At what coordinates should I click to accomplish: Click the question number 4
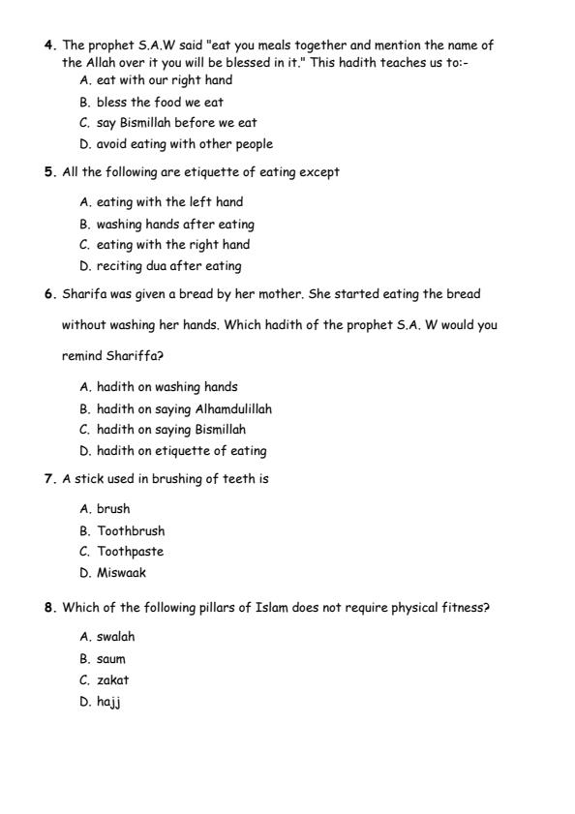[48, 45]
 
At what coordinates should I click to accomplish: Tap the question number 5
[48, 172]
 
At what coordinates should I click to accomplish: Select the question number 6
[48, 293]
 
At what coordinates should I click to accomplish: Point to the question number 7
[48, 478]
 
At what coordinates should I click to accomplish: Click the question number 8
[48, 608]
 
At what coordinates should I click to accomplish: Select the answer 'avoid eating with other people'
[184, 144]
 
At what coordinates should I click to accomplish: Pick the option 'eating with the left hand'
[169, 202]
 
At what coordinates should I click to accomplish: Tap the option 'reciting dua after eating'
[168, 265]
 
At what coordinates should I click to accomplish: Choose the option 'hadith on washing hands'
[166, 387]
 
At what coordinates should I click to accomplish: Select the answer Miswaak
[121, 572]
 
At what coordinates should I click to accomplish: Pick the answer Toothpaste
[130, 552]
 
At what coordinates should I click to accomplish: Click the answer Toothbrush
[131, 530]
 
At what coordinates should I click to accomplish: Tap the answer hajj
[106, 702]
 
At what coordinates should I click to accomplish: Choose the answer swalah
[115, 637]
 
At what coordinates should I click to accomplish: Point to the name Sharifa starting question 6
[84, 293]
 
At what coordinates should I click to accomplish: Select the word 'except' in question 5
[320, 172]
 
